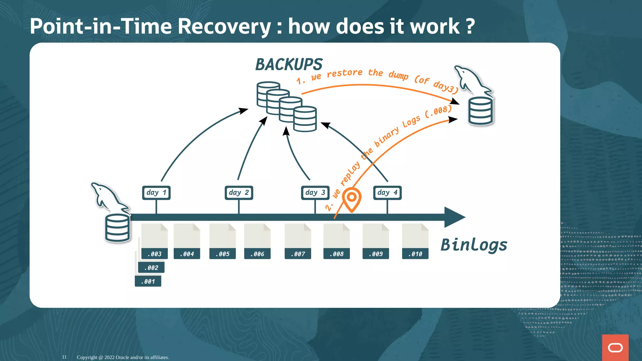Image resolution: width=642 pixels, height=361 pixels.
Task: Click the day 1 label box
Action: click(x=156, y=192)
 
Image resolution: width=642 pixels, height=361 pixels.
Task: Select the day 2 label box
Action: click(x=239, y=192)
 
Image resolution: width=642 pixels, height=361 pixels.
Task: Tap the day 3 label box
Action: click(x=315, y=192)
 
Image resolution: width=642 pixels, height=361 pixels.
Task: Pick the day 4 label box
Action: click(x=387, y=192)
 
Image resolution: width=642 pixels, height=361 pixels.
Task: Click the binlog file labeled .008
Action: click(x=337, y=241)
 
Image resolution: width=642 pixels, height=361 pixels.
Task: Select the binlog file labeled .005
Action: click(x=223, y=241)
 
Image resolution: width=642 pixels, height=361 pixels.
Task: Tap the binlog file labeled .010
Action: click(x=415, y=241)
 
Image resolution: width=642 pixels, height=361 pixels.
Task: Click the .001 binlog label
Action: click(x=148, y=281)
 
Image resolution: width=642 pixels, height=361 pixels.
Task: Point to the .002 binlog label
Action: click(x=151, y=268)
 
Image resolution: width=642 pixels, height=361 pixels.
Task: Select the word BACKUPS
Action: click(x=289, y=65)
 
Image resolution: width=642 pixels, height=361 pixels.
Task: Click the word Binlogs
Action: click(x=474, y=245)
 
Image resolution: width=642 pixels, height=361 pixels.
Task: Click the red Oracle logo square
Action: click(x=615, y=348)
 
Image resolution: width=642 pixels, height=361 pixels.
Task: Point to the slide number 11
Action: click(x=64, y=357)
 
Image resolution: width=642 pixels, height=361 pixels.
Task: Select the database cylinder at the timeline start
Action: click(x=118, y=228)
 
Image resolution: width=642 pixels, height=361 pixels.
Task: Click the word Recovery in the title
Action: click(x=224, y=26)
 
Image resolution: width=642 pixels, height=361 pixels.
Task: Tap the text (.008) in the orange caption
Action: click(x=439, y=111)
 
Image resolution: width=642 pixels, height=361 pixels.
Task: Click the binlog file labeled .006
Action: click(x=257, y=241)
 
